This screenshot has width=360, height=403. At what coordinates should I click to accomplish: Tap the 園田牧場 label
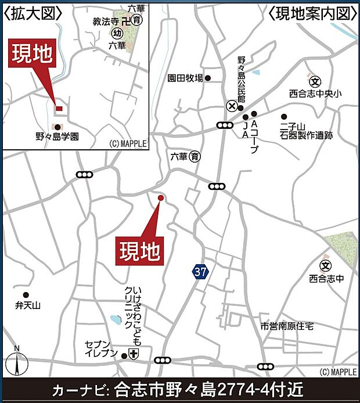(185, 78)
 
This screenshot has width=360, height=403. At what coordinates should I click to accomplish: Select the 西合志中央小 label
(316, 92)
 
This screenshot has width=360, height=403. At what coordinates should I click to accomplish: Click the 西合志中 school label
(327, 278)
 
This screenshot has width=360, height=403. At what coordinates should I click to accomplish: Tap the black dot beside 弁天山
(26, 294)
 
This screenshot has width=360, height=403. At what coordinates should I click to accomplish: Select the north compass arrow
(17, 364)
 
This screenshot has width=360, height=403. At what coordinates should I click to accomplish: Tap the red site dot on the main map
(161, 198)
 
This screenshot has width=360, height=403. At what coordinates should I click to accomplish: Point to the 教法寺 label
(106, 21)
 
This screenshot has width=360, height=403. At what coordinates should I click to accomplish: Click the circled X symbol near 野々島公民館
(232, 106)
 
